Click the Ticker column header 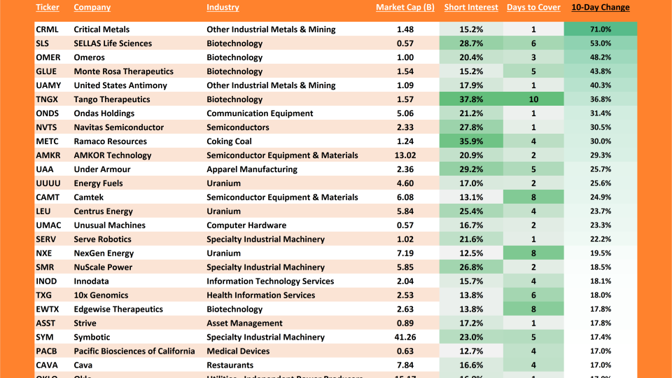pyautogui.click(x=48, y=8)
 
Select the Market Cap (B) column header pyautogui.click(x=405, y=8)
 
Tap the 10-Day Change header pyautogui.click(x=600, y=8)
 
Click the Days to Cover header pyautogui.click(x=533, y=8)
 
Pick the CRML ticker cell pyautogui.click(x=48, y=29)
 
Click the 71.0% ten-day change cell pyautogui.click(x=600, y=29)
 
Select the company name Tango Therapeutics pyautogui.click(x=112, y=99)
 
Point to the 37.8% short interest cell pyautogui.click(x=471, y=99)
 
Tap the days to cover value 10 pyautogui.click(x=533, y=99)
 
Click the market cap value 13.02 pyautogui.click(x=405, y=155)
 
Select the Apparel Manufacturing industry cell pyautogui.click(x=251, y=169)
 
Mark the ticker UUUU pyautogui.click(x=48, y=183)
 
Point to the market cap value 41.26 pyautogui.click(x=405, y=337)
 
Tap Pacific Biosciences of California pyautogui.click(x=134, y=351)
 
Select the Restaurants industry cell pyautogui.click(x=230, y=365)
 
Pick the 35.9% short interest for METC pyautogui.click(x=471, y=141)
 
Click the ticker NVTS pyautogui.click(x=48, y=127)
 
